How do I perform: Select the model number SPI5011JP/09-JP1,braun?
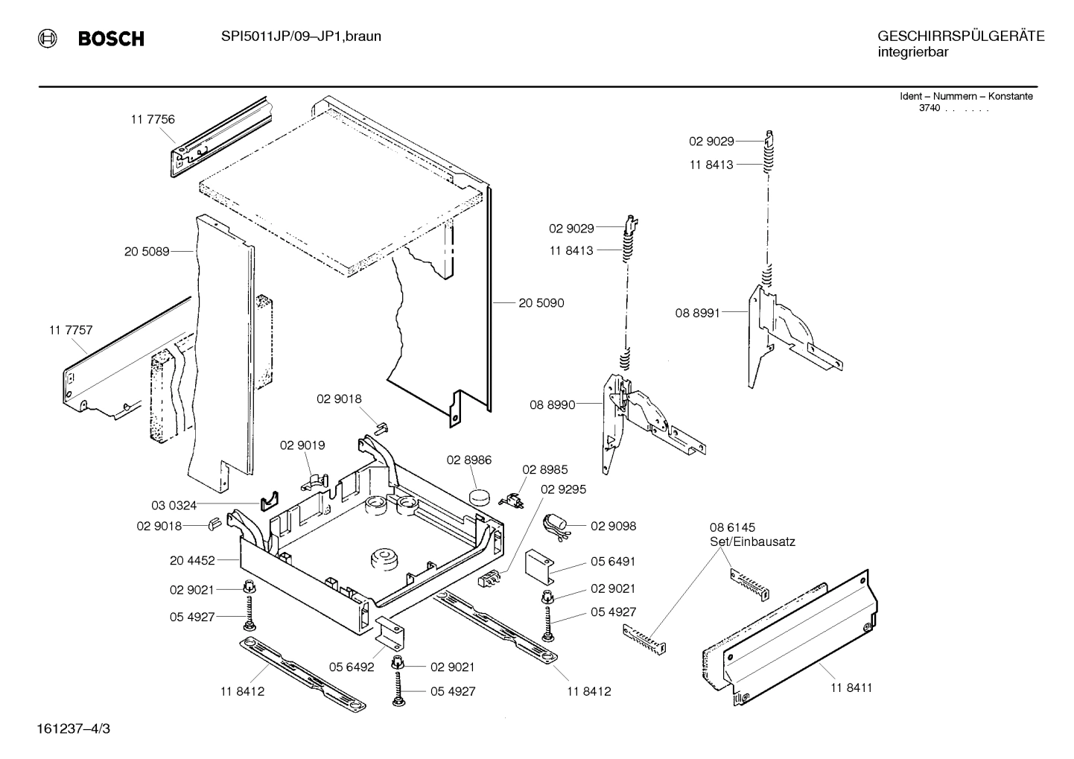(301, 36)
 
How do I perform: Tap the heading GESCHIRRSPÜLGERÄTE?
(960, 36)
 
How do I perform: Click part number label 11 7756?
(153, 119)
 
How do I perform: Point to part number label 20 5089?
(147, 252)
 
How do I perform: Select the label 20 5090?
(541, 303)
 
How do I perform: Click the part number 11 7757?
(71, 330)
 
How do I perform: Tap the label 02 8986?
(469, 460)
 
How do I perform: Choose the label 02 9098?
(613, 526)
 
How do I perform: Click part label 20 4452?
(192, 560)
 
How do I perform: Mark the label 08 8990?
(552, 405)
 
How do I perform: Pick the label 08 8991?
(697, 313)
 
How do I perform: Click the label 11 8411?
(851, 687)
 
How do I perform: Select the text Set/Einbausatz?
(752, 542)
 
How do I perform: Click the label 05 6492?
(352, 667)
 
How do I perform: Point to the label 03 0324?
(174, 506)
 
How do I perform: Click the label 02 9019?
(302, 445)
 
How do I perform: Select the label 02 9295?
(563, 489)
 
